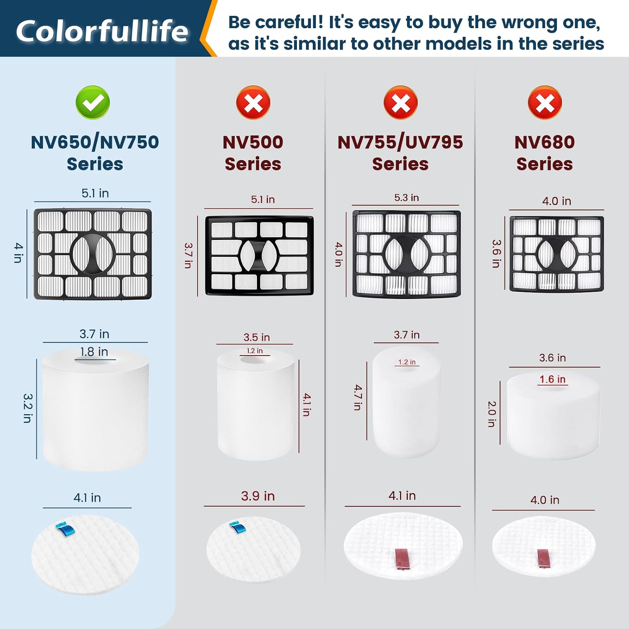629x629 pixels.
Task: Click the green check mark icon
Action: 93,102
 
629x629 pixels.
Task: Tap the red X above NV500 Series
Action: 253,102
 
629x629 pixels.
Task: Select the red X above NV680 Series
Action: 545,102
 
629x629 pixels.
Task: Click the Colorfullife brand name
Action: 102,31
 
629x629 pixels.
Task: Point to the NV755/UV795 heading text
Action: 400,142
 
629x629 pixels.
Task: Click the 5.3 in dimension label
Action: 406,198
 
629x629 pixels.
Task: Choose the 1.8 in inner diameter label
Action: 94,351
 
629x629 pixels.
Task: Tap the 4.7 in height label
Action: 357,397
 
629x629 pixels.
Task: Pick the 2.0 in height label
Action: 492,414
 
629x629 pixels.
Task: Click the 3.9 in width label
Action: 258,496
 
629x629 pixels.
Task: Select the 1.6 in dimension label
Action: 552,379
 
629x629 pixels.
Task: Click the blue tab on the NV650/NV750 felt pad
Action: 66,528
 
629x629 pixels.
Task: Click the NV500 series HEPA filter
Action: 260,256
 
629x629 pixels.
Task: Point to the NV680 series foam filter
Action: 554,416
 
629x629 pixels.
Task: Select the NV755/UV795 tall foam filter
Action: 406,402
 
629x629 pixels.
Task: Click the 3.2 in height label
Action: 28,408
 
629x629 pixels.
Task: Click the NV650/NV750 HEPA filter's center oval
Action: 93,253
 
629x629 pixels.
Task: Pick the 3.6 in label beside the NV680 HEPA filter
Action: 496,254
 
